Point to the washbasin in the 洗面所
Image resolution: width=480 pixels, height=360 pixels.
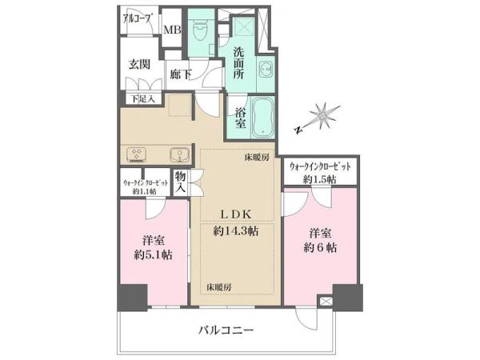point(265,70)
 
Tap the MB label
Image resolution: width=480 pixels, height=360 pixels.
point(172,30)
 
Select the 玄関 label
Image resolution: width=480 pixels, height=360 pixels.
point(139,65)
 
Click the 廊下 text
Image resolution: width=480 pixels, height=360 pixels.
point(181,74)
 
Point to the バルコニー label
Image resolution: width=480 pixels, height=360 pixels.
point(226,330)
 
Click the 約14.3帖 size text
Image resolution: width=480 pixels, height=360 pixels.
point(236,231)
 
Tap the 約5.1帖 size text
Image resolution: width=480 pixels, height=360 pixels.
point(153,254)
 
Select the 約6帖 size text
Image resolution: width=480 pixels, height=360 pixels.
point(320,247)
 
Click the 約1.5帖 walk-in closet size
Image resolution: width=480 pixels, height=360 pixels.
point(319,179)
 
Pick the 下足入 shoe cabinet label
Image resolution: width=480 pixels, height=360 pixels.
point(142,99)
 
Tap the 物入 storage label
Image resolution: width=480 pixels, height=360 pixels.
point(181,182)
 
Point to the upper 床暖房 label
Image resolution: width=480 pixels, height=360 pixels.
point(257,158)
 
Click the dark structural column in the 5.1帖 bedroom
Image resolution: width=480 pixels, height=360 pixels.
point(133,298)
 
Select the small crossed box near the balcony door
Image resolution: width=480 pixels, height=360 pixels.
point(325,302)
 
